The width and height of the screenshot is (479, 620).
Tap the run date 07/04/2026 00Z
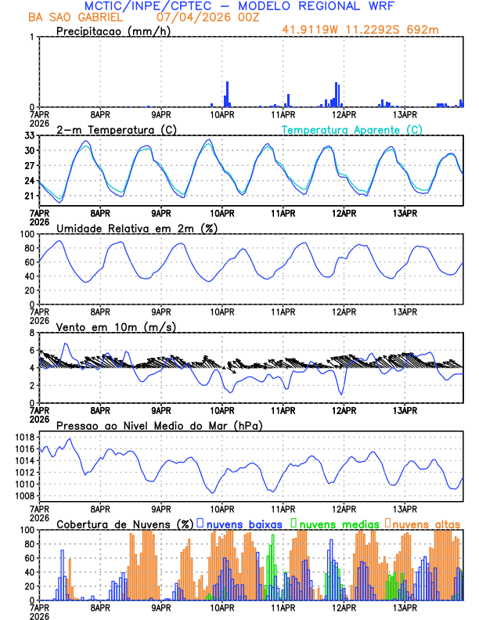click(x=196, y=17)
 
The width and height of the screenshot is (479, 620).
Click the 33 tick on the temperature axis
click(x=28, y=135)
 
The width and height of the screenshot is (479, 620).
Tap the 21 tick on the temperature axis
click(x=28, y=196)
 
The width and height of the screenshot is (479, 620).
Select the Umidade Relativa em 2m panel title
click(x=137, y=228)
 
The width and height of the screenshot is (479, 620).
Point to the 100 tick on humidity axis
click(x=26, y=234)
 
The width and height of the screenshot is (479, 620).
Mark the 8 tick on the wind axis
click(x=31, y=333)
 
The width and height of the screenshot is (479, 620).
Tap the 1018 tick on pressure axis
click(x=21, y=437)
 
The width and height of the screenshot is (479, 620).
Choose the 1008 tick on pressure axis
click(x=21, y=496)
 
